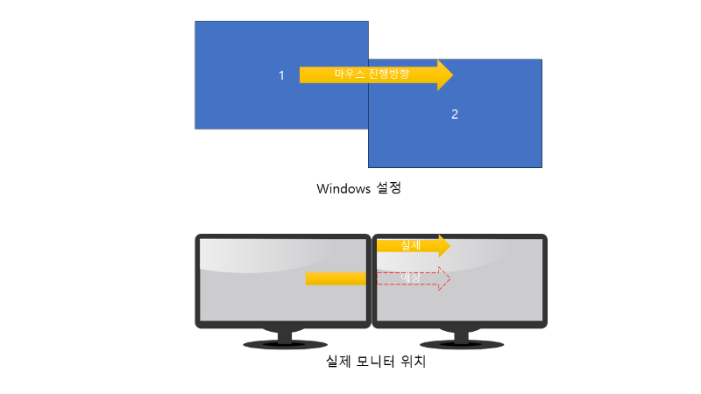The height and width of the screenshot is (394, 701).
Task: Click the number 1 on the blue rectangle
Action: [x=281, y=76]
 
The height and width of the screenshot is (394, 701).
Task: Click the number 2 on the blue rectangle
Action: [x=454, y=115]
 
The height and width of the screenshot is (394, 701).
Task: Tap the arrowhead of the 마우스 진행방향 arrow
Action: [x=444, y=74]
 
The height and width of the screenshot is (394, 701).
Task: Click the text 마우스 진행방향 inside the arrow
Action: [x=372, y=74]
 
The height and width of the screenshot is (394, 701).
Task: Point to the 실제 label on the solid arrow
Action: [x=410, y=246]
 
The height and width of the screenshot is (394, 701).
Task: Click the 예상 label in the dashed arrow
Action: [x=410, y=278]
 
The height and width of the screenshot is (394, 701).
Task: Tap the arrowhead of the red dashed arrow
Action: [x=443, y=278]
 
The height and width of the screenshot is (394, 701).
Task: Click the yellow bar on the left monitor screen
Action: [x=335, y=278]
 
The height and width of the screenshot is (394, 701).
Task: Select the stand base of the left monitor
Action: [x=285, y=344]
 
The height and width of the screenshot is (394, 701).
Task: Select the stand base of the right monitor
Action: [x=459, y=344]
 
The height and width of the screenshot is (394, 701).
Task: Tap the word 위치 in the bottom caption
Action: [x=413, y=362]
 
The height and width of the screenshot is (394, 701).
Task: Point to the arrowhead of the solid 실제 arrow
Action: [x=443, y=246]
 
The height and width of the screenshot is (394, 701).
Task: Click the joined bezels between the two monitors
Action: [x=372, y=280]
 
